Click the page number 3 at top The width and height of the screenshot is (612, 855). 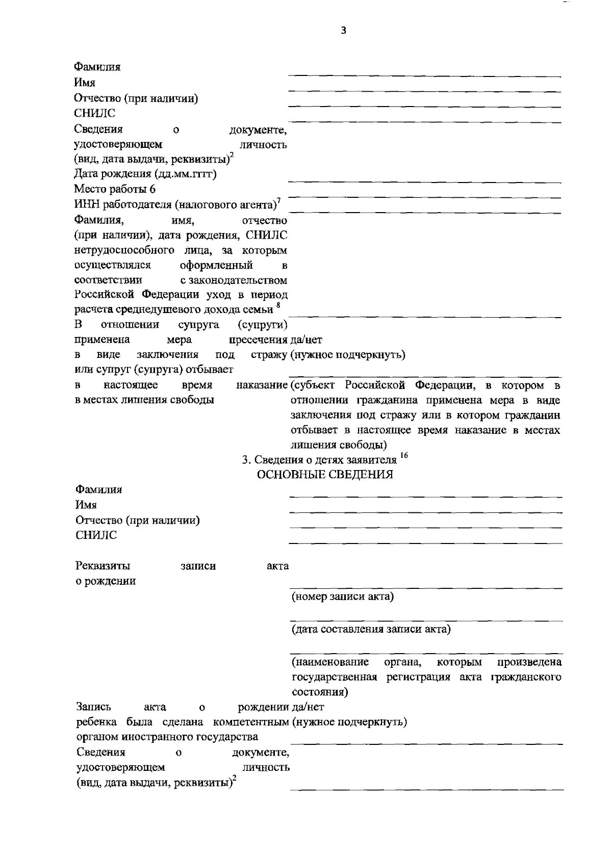tap(343, 31)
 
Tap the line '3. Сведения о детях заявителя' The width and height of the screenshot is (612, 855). tap(319, 459)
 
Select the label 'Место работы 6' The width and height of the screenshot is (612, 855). tap(115, 189)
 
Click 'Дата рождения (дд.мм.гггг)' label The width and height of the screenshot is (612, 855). tap(145, 174)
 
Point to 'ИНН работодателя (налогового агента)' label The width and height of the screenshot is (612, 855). tap(176, 205)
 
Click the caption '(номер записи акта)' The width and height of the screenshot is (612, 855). tap(342, 597)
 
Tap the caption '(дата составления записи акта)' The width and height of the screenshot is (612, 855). tap(371, 629)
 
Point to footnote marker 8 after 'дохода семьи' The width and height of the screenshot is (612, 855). tap(278, 306)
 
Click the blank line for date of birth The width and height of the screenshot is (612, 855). tap(425, 182)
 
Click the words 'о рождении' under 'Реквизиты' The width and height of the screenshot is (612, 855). tap(106, 581)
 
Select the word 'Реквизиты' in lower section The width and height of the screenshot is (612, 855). tap(103, 566)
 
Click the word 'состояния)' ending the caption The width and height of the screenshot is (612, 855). tap(320, 692)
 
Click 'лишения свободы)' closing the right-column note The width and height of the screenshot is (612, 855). tap(338, 445)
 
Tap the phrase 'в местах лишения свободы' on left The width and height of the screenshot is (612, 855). tap(144, 400)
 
